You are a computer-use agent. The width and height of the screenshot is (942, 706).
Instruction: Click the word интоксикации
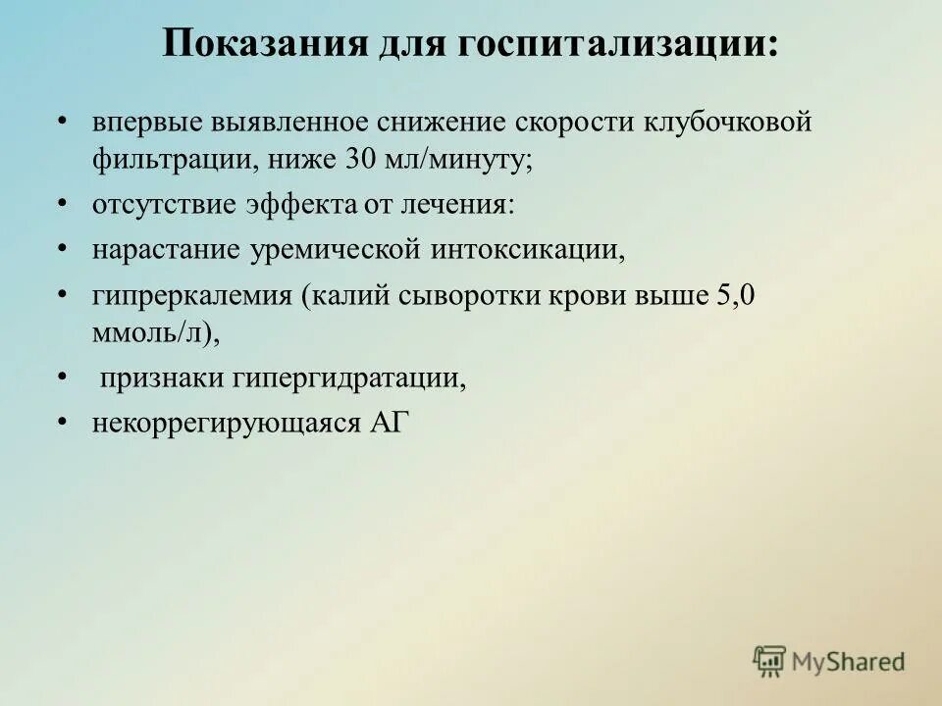[527, 250]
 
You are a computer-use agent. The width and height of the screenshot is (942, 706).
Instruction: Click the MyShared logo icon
[770, 661]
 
